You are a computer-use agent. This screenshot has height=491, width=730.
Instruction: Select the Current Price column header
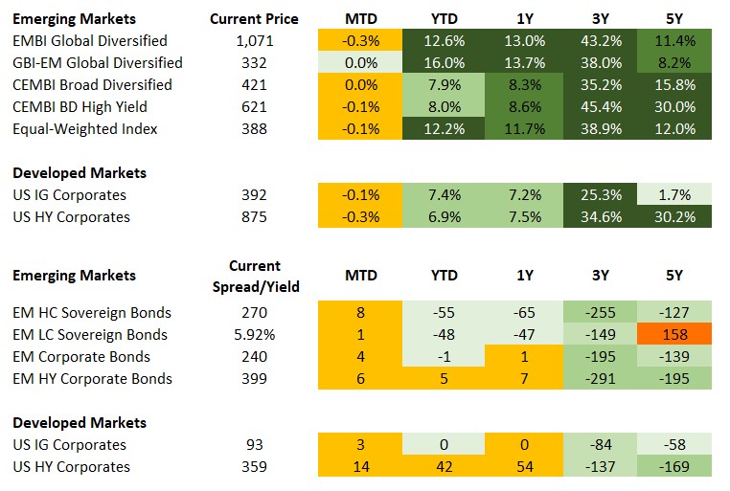pyautogui.click(x=253, y=19)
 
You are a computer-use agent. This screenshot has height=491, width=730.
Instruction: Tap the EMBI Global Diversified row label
pyautogui.click(x=89, y=41)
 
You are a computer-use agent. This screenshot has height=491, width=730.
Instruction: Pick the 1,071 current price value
pyautogui.click(x=253, y=41)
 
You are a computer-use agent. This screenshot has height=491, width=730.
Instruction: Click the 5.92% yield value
pyautogui.click(x=255, y=335)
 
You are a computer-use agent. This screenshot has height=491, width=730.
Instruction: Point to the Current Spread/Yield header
pyautogui.click(x=255, y=276)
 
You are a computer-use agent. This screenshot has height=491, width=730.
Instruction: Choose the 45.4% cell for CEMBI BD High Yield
pyautogui.click(x=599, y=107)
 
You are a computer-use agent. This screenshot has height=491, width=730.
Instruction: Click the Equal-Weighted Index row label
pyautogui.click(x=84, y=129)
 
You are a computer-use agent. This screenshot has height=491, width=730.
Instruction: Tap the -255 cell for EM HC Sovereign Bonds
pyautogui.click(x=599, y=313)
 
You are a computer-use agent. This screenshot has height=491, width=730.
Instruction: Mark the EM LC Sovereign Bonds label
pyautogui.click(x=90, y=335)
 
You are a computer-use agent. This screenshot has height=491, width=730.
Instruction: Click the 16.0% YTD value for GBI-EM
pyautogui.click(x=444, y=63)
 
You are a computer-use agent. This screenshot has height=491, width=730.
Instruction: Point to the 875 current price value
pyautogui.click(x=254, y=217)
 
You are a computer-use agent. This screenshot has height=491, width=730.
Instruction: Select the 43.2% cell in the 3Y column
pyautogui.click(x=599, y=41)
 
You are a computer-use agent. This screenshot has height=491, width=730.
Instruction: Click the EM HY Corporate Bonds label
pyautogui.click(x=92, y=379)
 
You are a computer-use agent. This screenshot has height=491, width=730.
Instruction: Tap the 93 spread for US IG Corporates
pyautogui.click(x=254, y=445)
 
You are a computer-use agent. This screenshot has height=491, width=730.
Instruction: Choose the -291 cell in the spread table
pyautogui.click(x=599, y=379)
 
